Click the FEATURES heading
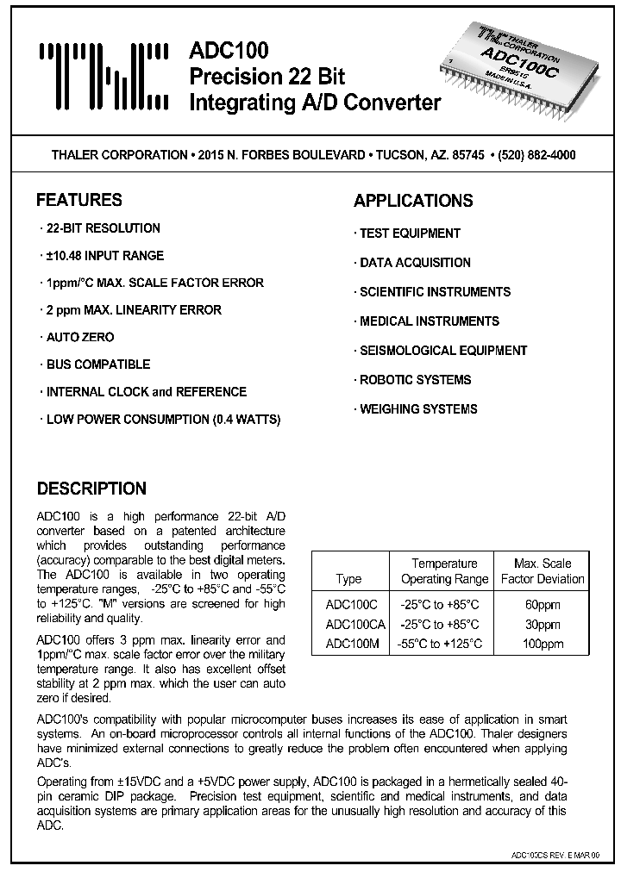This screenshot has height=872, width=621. coord(79,201)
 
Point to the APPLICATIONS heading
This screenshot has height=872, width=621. coord(413,201)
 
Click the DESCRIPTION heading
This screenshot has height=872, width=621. coord(91,489)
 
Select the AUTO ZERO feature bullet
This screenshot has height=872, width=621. coord(79,337)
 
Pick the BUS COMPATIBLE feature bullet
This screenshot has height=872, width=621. coord(97,364)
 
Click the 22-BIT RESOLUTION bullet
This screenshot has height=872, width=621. coord(103,228)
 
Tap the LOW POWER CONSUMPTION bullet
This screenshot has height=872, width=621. coord(163,420)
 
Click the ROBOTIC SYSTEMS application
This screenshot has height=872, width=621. coord(415,380)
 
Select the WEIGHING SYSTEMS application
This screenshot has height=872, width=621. coord(417,409)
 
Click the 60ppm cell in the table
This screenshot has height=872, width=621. coord(543,605)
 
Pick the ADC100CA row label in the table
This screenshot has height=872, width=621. coord(354,625)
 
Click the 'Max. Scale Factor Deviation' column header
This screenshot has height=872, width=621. coord(543,571)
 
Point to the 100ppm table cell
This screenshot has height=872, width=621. coord(543,644)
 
